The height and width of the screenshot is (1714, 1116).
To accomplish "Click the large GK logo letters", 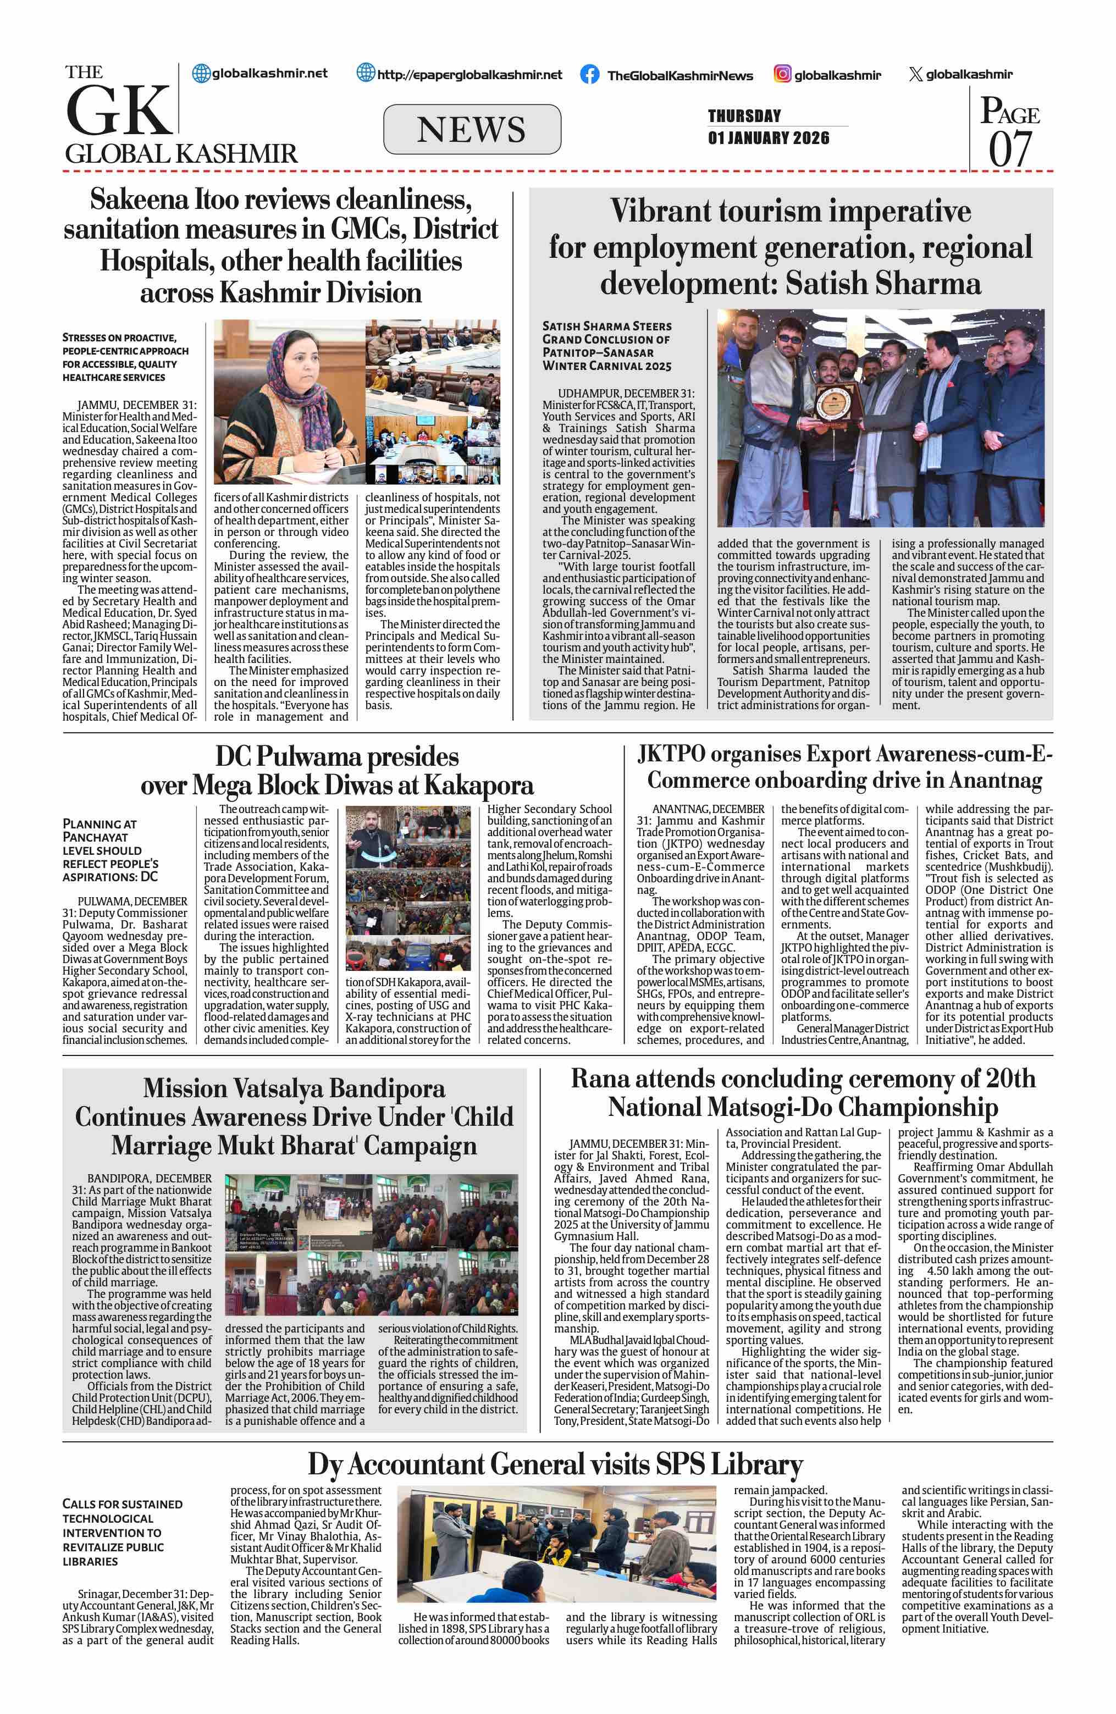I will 119,110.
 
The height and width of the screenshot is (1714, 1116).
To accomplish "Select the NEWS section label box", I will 472,130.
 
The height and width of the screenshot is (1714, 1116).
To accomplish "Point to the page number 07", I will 1009,150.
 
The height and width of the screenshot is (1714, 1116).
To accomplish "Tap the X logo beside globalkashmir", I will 915,74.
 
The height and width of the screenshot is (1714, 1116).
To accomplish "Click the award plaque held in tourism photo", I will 837,400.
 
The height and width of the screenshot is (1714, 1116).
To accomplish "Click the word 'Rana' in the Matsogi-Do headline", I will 602,1079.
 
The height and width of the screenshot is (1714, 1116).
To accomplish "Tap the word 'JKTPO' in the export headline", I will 671,754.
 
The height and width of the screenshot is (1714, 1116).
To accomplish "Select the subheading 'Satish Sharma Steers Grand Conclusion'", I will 607,346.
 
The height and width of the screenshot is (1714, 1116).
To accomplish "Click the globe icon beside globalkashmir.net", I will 202,74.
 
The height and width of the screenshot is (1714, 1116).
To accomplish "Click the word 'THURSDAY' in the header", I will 744,116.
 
